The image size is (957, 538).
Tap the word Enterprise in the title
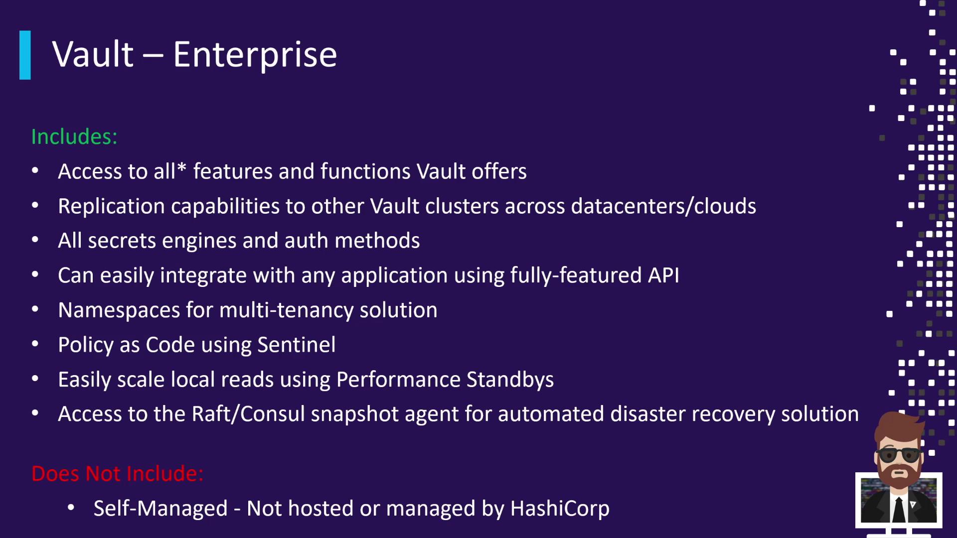(255, 55)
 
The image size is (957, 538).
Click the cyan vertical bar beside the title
(25, 55)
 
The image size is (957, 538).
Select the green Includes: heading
(74, 136)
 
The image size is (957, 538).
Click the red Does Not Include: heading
(118, 473)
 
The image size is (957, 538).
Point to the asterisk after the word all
(181, 167)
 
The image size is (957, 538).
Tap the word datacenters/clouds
(663, 206)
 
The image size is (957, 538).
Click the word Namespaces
(119, 310)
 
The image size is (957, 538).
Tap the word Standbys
(510, 380)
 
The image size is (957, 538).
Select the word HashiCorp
(560, 509)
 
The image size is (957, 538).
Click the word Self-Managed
(160, 509)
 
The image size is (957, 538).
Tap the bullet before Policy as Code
(35, 344)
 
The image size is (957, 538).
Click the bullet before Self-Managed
(71, 508)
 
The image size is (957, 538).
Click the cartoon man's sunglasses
(899, 455)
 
